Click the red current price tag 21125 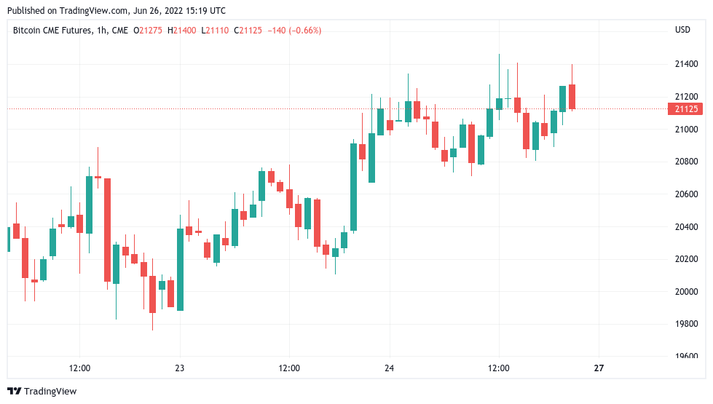[685, 109]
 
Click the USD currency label [682, 30]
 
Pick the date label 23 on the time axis [180, 368]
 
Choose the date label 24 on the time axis [389, 368]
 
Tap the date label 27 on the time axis [599, 368]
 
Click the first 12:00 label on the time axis [79, 368]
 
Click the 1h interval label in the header [103, 30]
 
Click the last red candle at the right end [572, 97]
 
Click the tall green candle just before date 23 [180, 269]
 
